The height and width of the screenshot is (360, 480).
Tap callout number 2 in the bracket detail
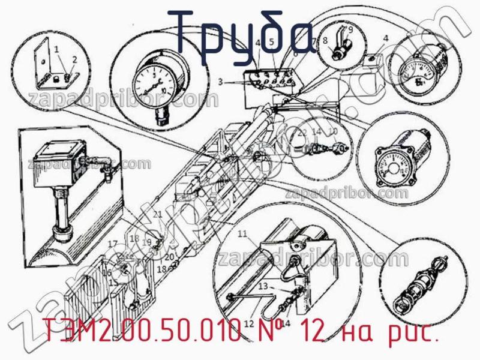coord(75,59)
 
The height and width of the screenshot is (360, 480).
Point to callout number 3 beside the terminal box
coord(220,82)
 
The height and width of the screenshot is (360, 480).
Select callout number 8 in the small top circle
coord(325,42)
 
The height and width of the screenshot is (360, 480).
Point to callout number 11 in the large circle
coord(242,233)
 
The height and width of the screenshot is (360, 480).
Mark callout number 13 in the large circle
coord(262,287)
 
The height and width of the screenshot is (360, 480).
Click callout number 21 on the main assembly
coord(157,214)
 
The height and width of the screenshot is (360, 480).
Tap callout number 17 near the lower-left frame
coord(112,244)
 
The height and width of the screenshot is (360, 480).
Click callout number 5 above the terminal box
coord(271,42)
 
